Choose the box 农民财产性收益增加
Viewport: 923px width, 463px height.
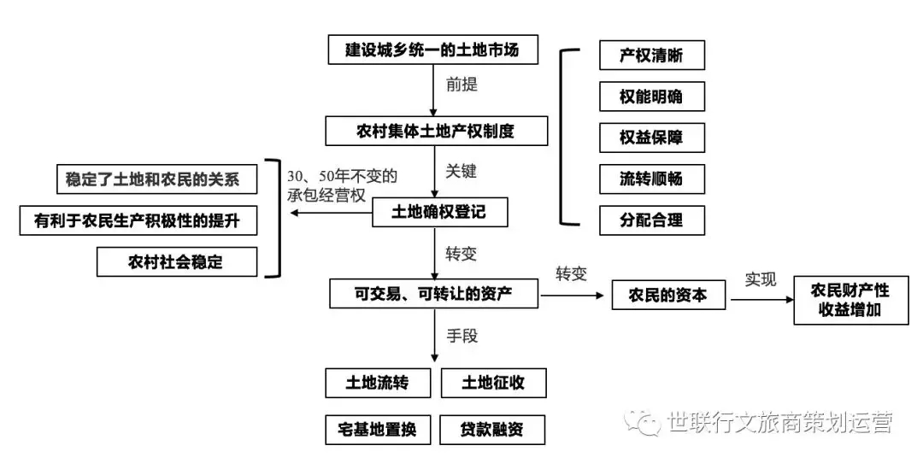850,300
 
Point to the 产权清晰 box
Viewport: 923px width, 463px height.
651,56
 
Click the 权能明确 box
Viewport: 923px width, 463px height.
651,97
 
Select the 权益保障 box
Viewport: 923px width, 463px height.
651,138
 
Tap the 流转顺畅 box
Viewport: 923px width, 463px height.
651,179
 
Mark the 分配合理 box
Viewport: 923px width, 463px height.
651,220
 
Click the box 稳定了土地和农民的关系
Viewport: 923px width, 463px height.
154,180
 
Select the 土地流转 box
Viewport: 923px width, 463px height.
378,383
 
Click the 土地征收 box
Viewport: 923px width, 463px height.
493,383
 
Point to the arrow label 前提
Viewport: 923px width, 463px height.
461,85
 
